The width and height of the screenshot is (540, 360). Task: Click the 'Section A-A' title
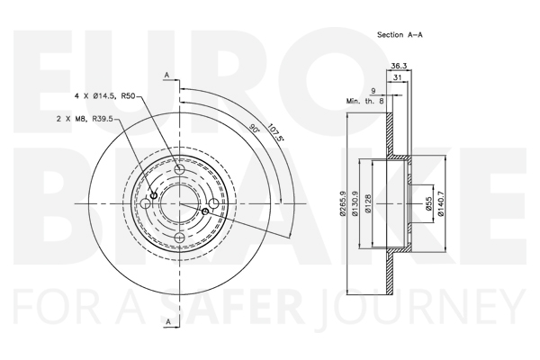click(400, 35)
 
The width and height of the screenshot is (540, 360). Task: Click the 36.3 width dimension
click(399, 66)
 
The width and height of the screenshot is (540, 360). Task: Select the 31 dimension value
click(398, 77)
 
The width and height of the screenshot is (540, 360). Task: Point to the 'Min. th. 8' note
click(364, 101)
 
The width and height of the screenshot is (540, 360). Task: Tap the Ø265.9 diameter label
click(342, 203)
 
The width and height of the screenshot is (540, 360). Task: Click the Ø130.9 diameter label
click(355, 203)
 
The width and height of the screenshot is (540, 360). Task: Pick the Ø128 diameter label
click(368, 203)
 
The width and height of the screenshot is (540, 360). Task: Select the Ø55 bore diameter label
click(428, 203)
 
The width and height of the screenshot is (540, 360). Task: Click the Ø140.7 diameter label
click(441, 203)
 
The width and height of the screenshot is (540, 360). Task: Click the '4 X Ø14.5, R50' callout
click(104, 96)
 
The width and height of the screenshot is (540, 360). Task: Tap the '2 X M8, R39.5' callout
click(85, 119)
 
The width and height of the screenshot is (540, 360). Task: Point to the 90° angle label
click(255, 129)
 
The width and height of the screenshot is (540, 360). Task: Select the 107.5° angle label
click(275, 132)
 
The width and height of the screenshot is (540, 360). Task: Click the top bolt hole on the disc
click(179, 169)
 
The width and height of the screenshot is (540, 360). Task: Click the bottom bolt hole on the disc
click(179, 238)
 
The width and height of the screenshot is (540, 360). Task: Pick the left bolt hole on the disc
click(146, 203)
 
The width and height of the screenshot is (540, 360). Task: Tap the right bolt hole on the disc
click(214, 203)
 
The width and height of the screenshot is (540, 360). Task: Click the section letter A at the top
click(167, 75)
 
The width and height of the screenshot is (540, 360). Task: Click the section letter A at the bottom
click(168, 322)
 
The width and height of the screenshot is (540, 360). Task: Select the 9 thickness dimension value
click(373, 91)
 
